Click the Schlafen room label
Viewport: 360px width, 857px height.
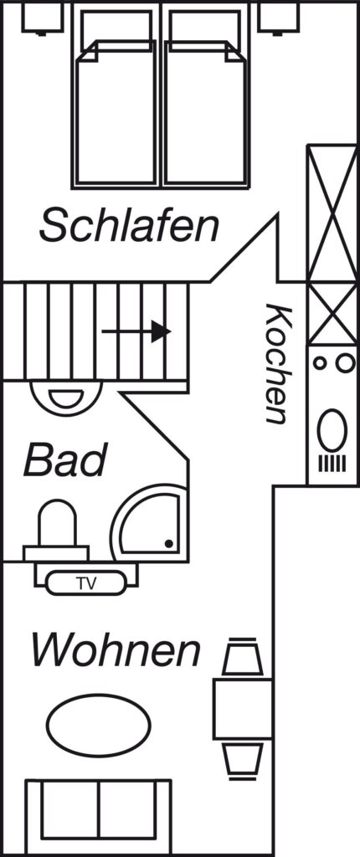(x=129, y=224)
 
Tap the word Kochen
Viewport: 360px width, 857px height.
(x=276, y=363)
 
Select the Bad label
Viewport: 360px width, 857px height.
(x=64, y=459)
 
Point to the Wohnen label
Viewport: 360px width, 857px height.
(x=116, y=649)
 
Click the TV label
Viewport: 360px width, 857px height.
(x=86, y=583)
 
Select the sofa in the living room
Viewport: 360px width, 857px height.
(x=99, y=817)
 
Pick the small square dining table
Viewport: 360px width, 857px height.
(x=242, y=709)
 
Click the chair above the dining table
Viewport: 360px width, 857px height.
(x=242, y=657)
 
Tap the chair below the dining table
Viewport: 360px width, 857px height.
(x=242, y=760)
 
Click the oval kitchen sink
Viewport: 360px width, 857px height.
(x=332, y=431)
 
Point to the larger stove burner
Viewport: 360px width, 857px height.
(x=345, y=363)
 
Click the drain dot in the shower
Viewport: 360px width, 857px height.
(x=169, y=544)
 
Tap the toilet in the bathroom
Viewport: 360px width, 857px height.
(x=56, y=530)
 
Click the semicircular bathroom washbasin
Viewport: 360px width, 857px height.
(x=66, y=398)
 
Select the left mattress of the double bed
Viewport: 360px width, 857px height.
(x=116, y=114)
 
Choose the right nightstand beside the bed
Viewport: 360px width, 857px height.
(x=278, y=18)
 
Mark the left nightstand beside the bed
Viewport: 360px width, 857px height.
(x=42, y=18)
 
